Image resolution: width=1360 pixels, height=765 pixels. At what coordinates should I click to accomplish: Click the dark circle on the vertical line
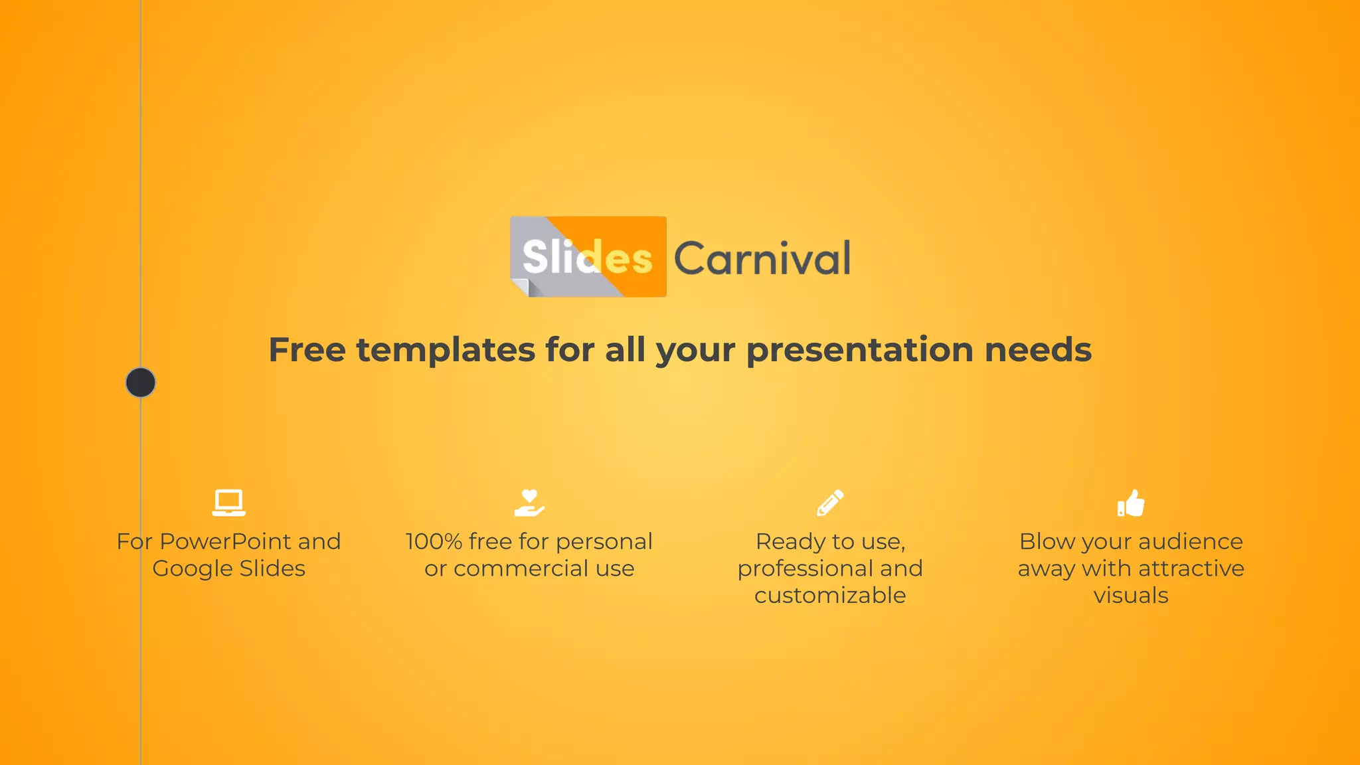coord(141,382)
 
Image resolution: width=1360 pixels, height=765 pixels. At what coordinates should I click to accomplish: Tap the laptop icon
coord(228,503)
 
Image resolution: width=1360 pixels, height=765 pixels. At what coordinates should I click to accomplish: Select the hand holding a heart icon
coord(529,503)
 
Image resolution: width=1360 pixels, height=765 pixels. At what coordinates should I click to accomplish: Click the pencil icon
coord(830,503)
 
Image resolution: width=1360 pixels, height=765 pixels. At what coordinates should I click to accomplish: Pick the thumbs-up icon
coord(1131,503)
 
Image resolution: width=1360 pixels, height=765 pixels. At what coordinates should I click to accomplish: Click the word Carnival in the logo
coord(762,258)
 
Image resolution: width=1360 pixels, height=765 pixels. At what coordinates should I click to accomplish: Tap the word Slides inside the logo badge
coord(587,257)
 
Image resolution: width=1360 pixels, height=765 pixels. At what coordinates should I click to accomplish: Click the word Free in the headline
coord(307,350)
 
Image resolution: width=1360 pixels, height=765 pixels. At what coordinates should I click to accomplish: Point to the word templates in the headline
coord(446,350)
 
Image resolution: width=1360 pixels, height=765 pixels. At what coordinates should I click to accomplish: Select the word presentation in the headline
coord(859,350)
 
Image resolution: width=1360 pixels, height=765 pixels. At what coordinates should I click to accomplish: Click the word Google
coord(193,569)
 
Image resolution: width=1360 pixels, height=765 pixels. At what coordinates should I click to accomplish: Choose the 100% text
coord(434,542)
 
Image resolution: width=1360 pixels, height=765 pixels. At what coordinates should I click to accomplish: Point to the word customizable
coord(830,596)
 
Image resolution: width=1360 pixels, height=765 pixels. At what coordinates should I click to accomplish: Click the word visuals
coord(1131,596)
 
